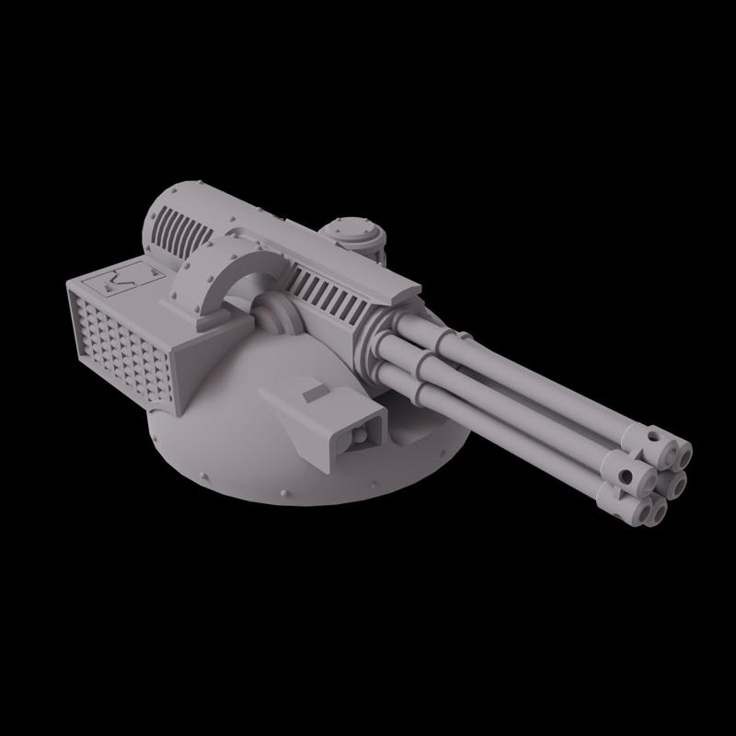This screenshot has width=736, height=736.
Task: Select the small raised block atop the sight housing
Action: [315, 394]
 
